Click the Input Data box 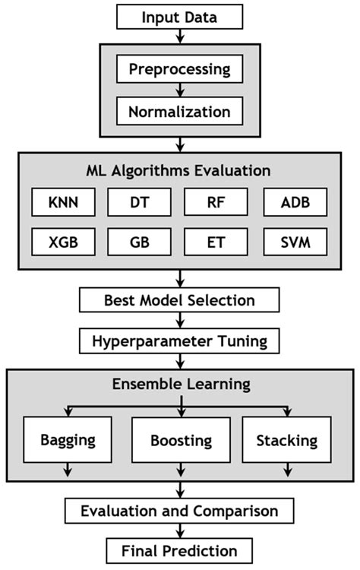click(180, 16)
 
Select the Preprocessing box click(180, 69)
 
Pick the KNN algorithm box click(62, 204)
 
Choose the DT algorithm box click(138, 204)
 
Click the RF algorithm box click(216, 204)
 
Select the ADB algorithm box click(295, 204)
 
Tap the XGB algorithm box click(62, 244)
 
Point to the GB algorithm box click(138, 244)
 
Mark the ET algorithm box click(216, 244)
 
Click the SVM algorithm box click(295, 244)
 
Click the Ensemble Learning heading click(180, 383)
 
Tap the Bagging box click(68, 441)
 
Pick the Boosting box click(180, 441)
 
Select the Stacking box click(287, 441)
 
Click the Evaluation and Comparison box click(179, 510)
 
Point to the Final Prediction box click(180, 550)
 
